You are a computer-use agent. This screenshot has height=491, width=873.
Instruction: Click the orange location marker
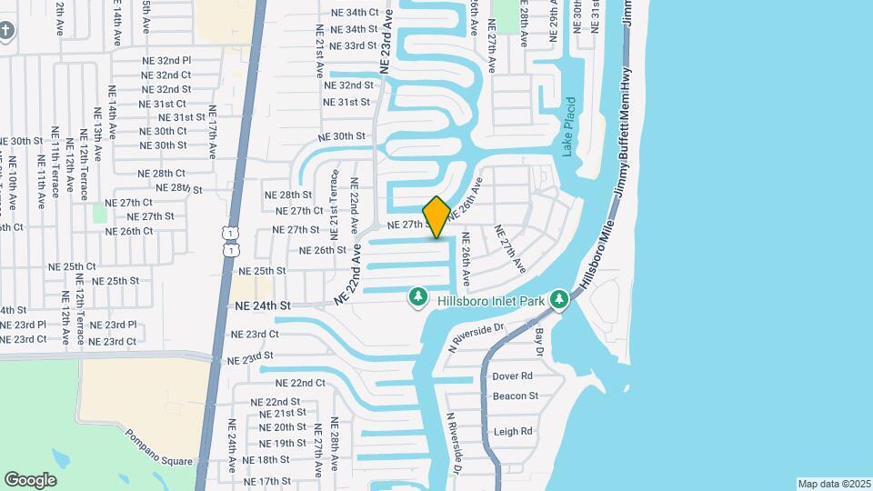436,216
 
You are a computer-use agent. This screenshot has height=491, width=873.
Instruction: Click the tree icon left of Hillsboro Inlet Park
418,297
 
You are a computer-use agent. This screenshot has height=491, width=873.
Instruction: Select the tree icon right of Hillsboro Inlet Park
562,297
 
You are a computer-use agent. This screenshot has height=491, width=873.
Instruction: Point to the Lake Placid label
569,127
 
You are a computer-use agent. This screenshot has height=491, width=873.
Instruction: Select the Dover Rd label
512,376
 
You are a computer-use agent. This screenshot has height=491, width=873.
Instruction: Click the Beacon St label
516,396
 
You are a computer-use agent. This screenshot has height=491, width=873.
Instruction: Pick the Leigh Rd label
512,432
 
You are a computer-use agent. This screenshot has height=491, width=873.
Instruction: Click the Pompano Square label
159,446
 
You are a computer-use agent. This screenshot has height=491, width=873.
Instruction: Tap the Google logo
30,479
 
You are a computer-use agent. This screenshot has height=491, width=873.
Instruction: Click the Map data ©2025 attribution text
834,484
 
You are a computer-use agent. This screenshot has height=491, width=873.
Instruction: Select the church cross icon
6,31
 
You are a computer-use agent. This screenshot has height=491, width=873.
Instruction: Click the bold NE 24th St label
262,306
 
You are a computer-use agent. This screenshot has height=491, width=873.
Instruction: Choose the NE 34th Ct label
354,12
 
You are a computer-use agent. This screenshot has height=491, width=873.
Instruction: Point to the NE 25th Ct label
72,267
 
